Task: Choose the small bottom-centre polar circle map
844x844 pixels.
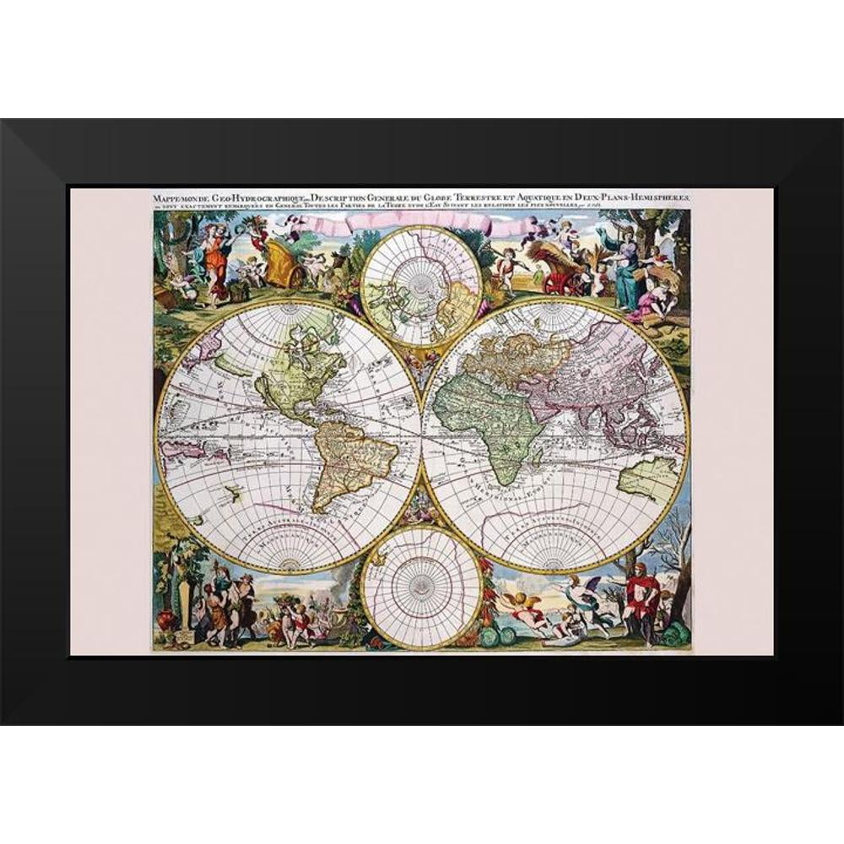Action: pos(421,586)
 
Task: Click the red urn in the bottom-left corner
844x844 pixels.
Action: pos(168,620)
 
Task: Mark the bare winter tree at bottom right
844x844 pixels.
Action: pos(671,549)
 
